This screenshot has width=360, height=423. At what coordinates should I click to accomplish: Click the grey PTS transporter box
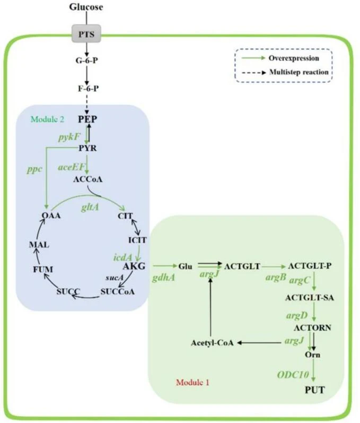86,34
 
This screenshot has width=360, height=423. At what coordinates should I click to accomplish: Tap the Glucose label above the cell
86,7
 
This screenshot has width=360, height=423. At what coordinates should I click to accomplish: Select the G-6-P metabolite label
87,61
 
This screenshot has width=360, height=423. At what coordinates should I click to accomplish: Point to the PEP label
87,119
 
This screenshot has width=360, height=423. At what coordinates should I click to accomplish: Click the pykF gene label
69,137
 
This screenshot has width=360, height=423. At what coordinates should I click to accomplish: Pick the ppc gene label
34,169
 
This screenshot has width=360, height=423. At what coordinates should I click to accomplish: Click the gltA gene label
90,207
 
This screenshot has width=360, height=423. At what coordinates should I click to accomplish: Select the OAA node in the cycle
51,215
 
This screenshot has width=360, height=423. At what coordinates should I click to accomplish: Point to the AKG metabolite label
134,266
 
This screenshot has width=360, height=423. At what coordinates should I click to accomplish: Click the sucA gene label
115,278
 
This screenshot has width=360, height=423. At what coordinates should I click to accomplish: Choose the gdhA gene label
163,278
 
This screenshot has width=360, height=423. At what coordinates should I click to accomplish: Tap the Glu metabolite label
186,266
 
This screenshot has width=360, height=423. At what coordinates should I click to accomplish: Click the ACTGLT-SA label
309,298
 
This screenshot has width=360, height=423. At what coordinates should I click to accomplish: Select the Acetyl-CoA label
212,343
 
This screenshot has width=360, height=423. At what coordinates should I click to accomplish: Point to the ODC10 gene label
293,375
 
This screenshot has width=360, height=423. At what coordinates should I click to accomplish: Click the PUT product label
315,390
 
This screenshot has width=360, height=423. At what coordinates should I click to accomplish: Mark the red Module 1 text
192,382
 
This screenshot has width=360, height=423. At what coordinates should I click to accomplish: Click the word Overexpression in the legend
294,58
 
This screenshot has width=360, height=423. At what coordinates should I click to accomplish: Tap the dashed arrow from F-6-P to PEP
87,104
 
